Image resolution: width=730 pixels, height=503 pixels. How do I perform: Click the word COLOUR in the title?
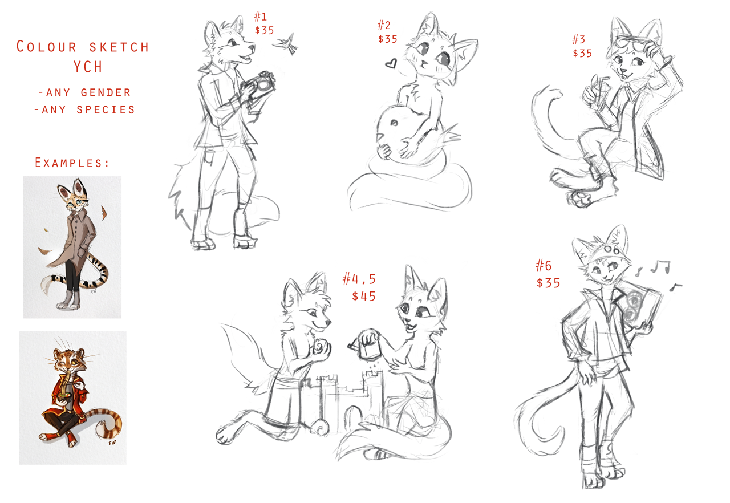[x=46, y=47]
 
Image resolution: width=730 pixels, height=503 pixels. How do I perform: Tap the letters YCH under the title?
[x=88, y=67]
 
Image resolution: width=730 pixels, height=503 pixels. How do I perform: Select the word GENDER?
[x=106, y=92]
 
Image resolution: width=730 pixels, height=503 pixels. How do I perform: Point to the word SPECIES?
[x=106, y=110]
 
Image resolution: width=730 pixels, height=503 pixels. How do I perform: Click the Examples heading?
[x=72, y=163]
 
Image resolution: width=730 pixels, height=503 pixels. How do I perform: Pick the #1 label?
[x=261, y=16]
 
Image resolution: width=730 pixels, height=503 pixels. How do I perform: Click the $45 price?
[x=364, y=296]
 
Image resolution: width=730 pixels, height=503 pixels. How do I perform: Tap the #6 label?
[x=544, y=266]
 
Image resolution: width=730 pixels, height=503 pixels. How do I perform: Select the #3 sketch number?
[x=579, y=40]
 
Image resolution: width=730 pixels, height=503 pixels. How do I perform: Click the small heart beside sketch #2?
[x=391, y=63]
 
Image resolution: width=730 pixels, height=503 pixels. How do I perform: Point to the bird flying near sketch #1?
[x=287, y=44]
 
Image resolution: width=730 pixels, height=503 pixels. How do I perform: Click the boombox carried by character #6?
[x=639, y=307]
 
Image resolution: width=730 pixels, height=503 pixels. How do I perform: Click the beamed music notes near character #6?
[x=660, y=266]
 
